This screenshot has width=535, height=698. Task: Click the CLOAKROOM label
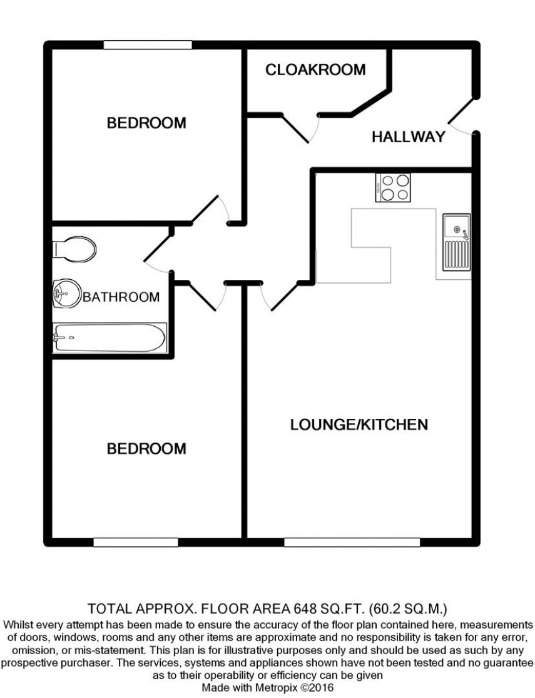tap(315, 69)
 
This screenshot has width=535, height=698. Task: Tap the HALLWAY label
tap(409, 136)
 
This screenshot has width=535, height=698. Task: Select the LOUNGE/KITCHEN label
tap(359, 425)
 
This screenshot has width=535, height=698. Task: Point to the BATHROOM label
tap(121, 297)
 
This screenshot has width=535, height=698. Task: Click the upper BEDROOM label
tap(146, 123)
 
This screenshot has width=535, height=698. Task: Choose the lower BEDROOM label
tap(146, 449)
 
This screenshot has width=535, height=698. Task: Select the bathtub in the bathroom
tap(110, 338)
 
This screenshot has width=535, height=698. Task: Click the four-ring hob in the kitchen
tap(394, 187)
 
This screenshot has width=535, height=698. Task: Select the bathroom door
tap(157, 258)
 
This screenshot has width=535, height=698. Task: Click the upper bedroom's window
tap(148, 44)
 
